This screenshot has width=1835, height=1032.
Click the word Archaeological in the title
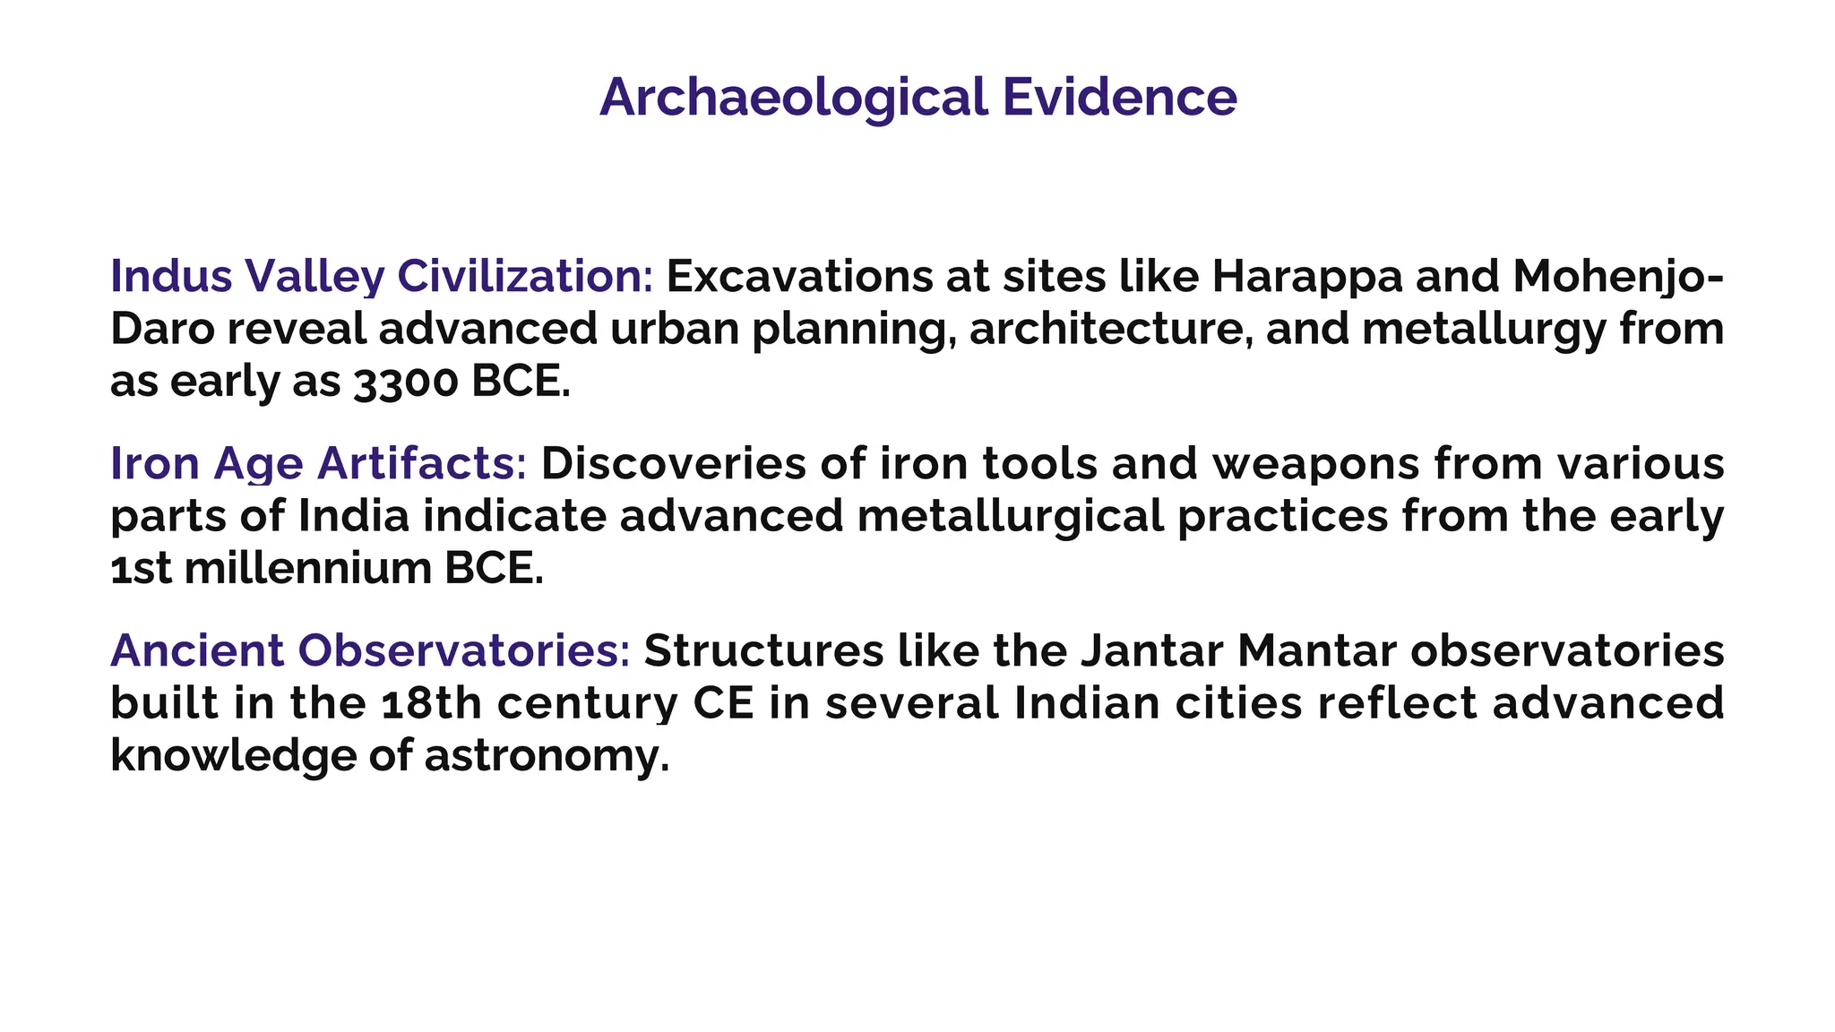[793, 97]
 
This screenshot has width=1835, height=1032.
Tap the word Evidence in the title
[1119, 97]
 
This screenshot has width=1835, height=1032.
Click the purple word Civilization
[525, 276]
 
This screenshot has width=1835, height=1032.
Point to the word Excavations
[799, 276]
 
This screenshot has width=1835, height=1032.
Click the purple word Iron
[154, 463]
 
